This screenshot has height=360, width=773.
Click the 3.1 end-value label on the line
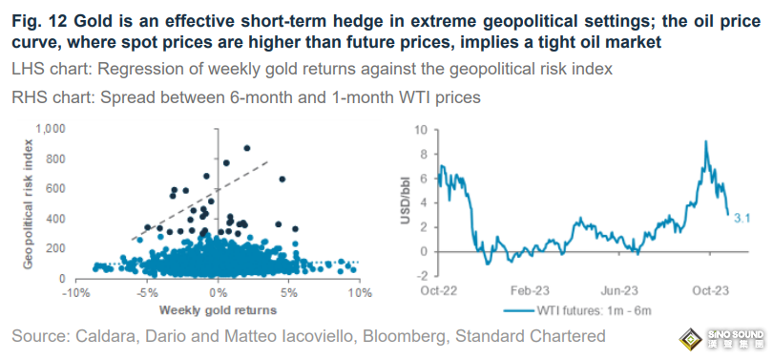click(742, 218)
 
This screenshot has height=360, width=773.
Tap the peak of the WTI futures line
click(706, 141)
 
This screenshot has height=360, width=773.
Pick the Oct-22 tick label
click(439, 291)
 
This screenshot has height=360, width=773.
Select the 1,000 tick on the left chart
click(52, 129)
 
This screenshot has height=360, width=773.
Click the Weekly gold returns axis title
click(218, 310)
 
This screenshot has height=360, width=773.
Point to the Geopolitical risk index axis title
click(29, 203)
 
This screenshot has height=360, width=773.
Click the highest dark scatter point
click(247, 148)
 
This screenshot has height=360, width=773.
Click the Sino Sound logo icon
click(691, 339)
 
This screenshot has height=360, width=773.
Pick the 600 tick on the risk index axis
click(57, 189)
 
